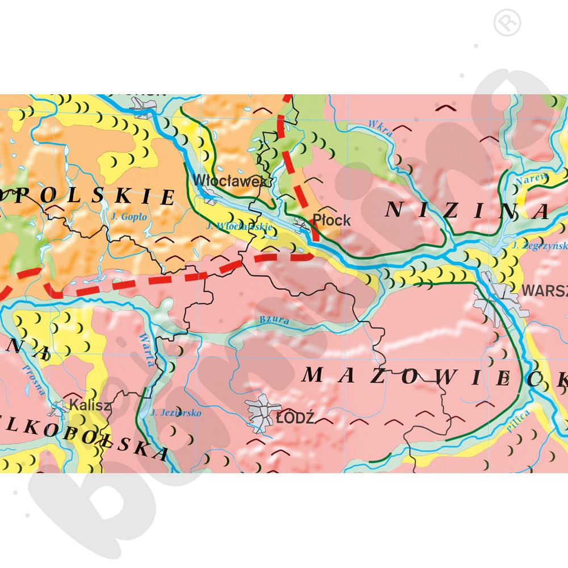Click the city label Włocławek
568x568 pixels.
coord(229,181)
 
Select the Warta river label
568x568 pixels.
coord(146,348)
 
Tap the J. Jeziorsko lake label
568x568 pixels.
coord(177,413)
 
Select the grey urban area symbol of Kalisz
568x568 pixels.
coord(60,408)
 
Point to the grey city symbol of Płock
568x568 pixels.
coord(302,227)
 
